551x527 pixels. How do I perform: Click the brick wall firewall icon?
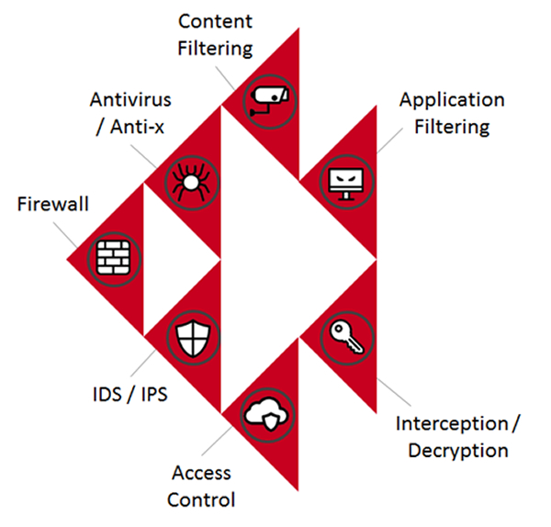114,259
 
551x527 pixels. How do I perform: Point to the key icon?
347,339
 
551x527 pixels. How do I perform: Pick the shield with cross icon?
191,339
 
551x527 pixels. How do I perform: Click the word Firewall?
53,204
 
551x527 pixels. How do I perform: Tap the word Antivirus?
131,98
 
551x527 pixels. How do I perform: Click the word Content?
216,20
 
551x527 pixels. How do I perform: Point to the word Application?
452,99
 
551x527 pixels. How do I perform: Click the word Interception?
451,424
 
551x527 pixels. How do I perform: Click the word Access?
202,474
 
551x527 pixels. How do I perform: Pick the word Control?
204,500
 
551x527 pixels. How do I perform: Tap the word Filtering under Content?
216,47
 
